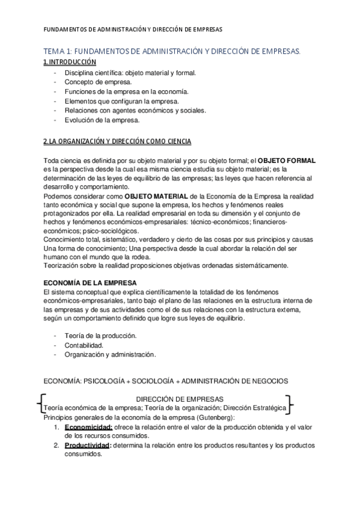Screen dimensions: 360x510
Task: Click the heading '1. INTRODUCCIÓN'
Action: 70,62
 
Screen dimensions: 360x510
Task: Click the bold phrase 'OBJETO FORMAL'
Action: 286,161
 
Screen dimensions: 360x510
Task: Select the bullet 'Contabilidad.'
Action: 84,345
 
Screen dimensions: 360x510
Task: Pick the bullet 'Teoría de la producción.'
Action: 101,335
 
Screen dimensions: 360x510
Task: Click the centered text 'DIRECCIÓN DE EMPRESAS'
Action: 180,399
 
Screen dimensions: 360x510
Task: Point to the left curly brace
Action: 40,402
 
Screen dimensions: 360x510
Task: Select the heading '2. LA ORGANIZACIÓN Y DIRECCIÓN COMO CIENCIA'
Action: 117,141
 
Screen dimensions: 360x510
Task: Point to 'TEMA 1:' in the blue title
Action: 58,52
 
